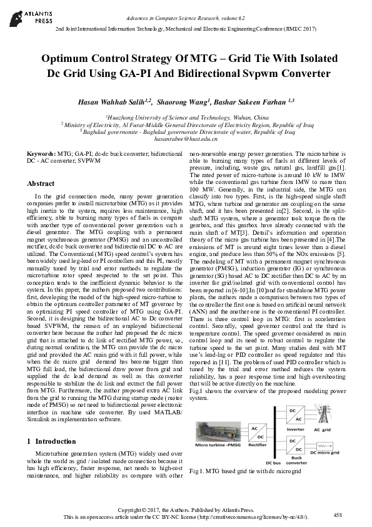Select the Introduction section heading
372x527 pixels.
56,441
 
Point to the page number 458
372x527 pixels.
338,515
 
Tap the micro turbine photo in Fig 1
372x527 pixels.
218,431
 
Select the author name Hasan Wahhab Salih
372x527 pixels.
116,101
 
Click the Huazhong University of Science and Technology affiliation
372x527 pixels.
188,117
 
